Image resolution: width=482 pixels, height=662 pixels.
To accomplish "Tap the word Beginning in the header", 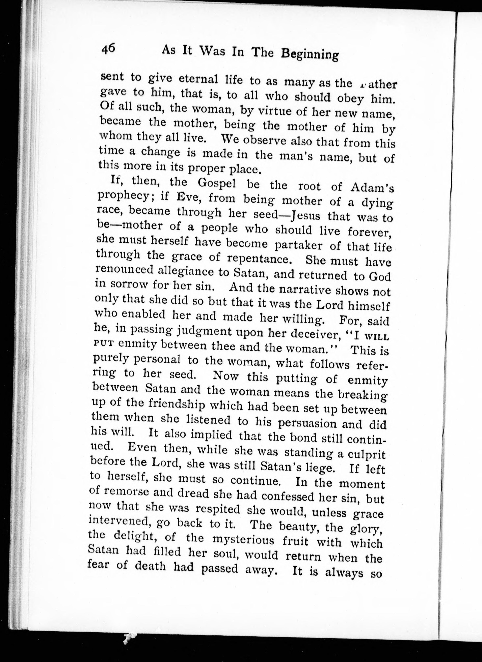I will (310, 54).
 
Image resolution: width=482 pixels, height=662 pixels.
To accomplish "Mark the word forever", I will (370, 233).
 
